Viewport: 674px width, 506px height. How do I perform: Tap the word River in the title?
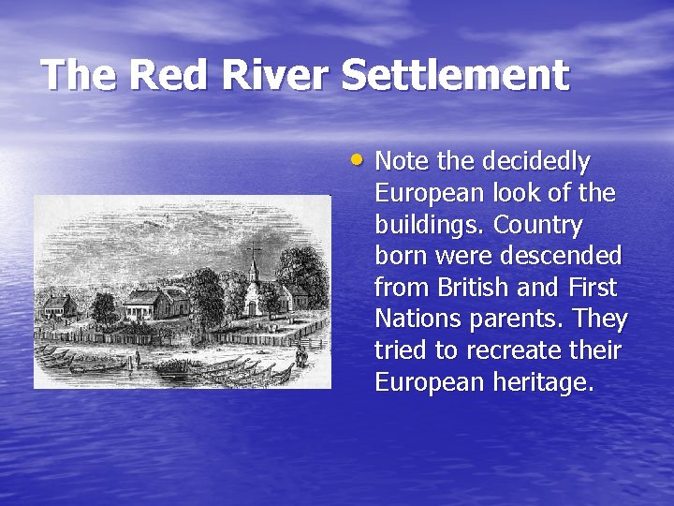(x=276, y=75)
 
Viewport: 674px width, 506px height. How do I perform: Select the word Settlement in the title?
(x=455, y=75)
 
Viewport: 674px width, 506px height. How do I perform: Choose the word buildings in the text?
(x=430, y=226)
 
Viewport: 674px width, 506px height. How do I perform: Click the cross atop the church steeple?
(x=254, y=249)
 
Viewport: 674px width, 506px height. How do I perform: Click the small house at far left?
(x=58, y=305)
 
